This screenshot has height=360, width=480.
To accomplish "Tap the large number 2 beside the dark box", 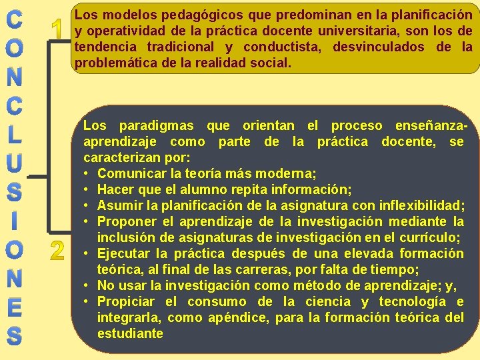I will coord(58,251).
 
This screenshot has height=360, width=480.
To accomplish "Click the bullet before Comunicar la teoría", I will coord(88,174).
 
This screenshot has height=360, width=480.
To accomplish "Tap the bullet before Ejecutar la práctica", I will coord(88,254).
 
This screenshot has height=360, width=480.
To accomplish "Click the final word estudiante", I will coord(130,333).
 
